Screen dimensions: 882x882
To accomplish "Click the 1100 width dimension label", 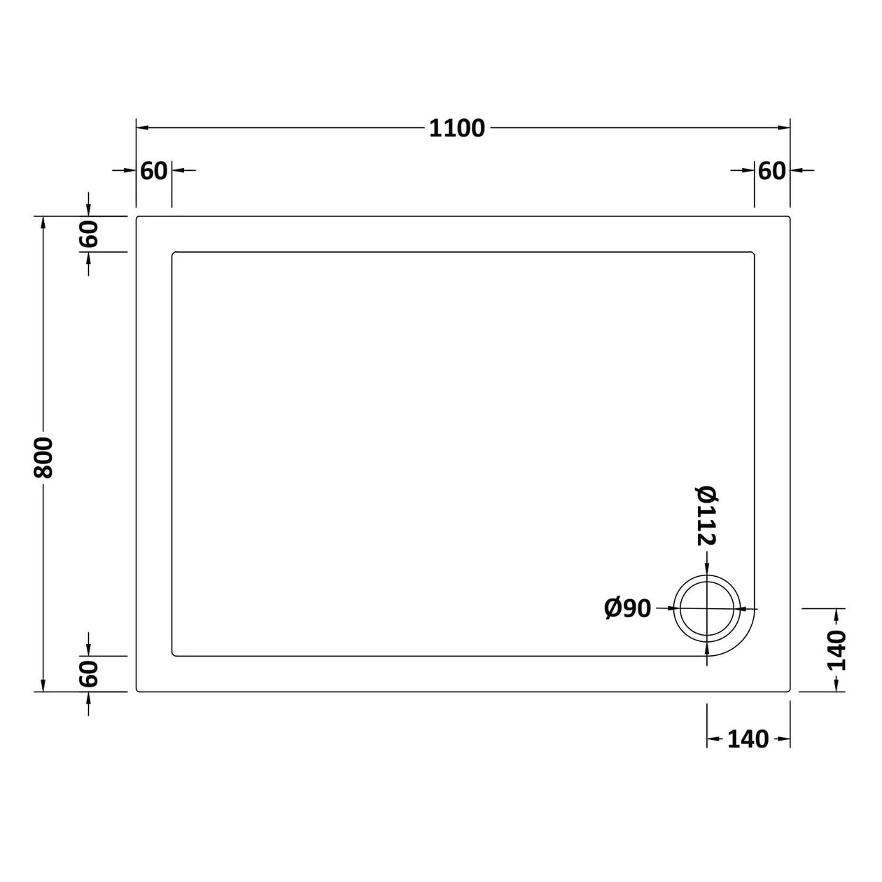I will (456, 129).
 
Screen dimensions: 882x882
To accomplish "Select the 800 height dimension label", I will (43, 457).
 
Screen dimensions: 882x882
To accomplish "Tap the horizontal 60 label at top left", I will (154, 170).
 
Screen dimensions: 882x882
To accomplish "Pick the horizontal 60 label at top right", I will (771, 170).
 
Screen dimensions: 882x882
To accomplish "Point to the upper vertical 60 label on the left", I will (89, 234).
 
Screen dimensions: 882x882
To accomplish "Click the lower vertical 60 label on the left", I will (89, 673).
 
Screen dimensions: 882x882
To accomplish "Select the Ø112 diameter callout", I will (707, 515).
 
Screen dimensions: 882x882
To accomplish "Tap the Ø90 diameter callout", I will (628, 609).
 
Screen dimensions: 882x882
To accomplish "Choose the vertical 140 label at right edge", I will (836, 650).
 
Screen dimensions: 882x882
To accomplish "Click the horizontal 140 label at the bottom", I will (748, 739).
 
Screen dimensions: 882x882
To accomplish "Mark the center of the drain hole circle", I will (707, 609).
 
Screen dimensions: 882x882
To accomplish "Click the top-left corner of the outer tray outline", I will (137, 218).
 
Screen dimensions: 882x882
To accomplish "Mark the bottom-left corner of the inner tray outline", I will (173, 655).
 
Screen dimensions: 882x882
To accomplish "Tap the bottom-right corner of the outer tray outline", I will (789, 691).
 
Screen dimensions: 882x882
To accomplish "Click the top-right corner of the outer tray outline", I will (789, 218).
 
